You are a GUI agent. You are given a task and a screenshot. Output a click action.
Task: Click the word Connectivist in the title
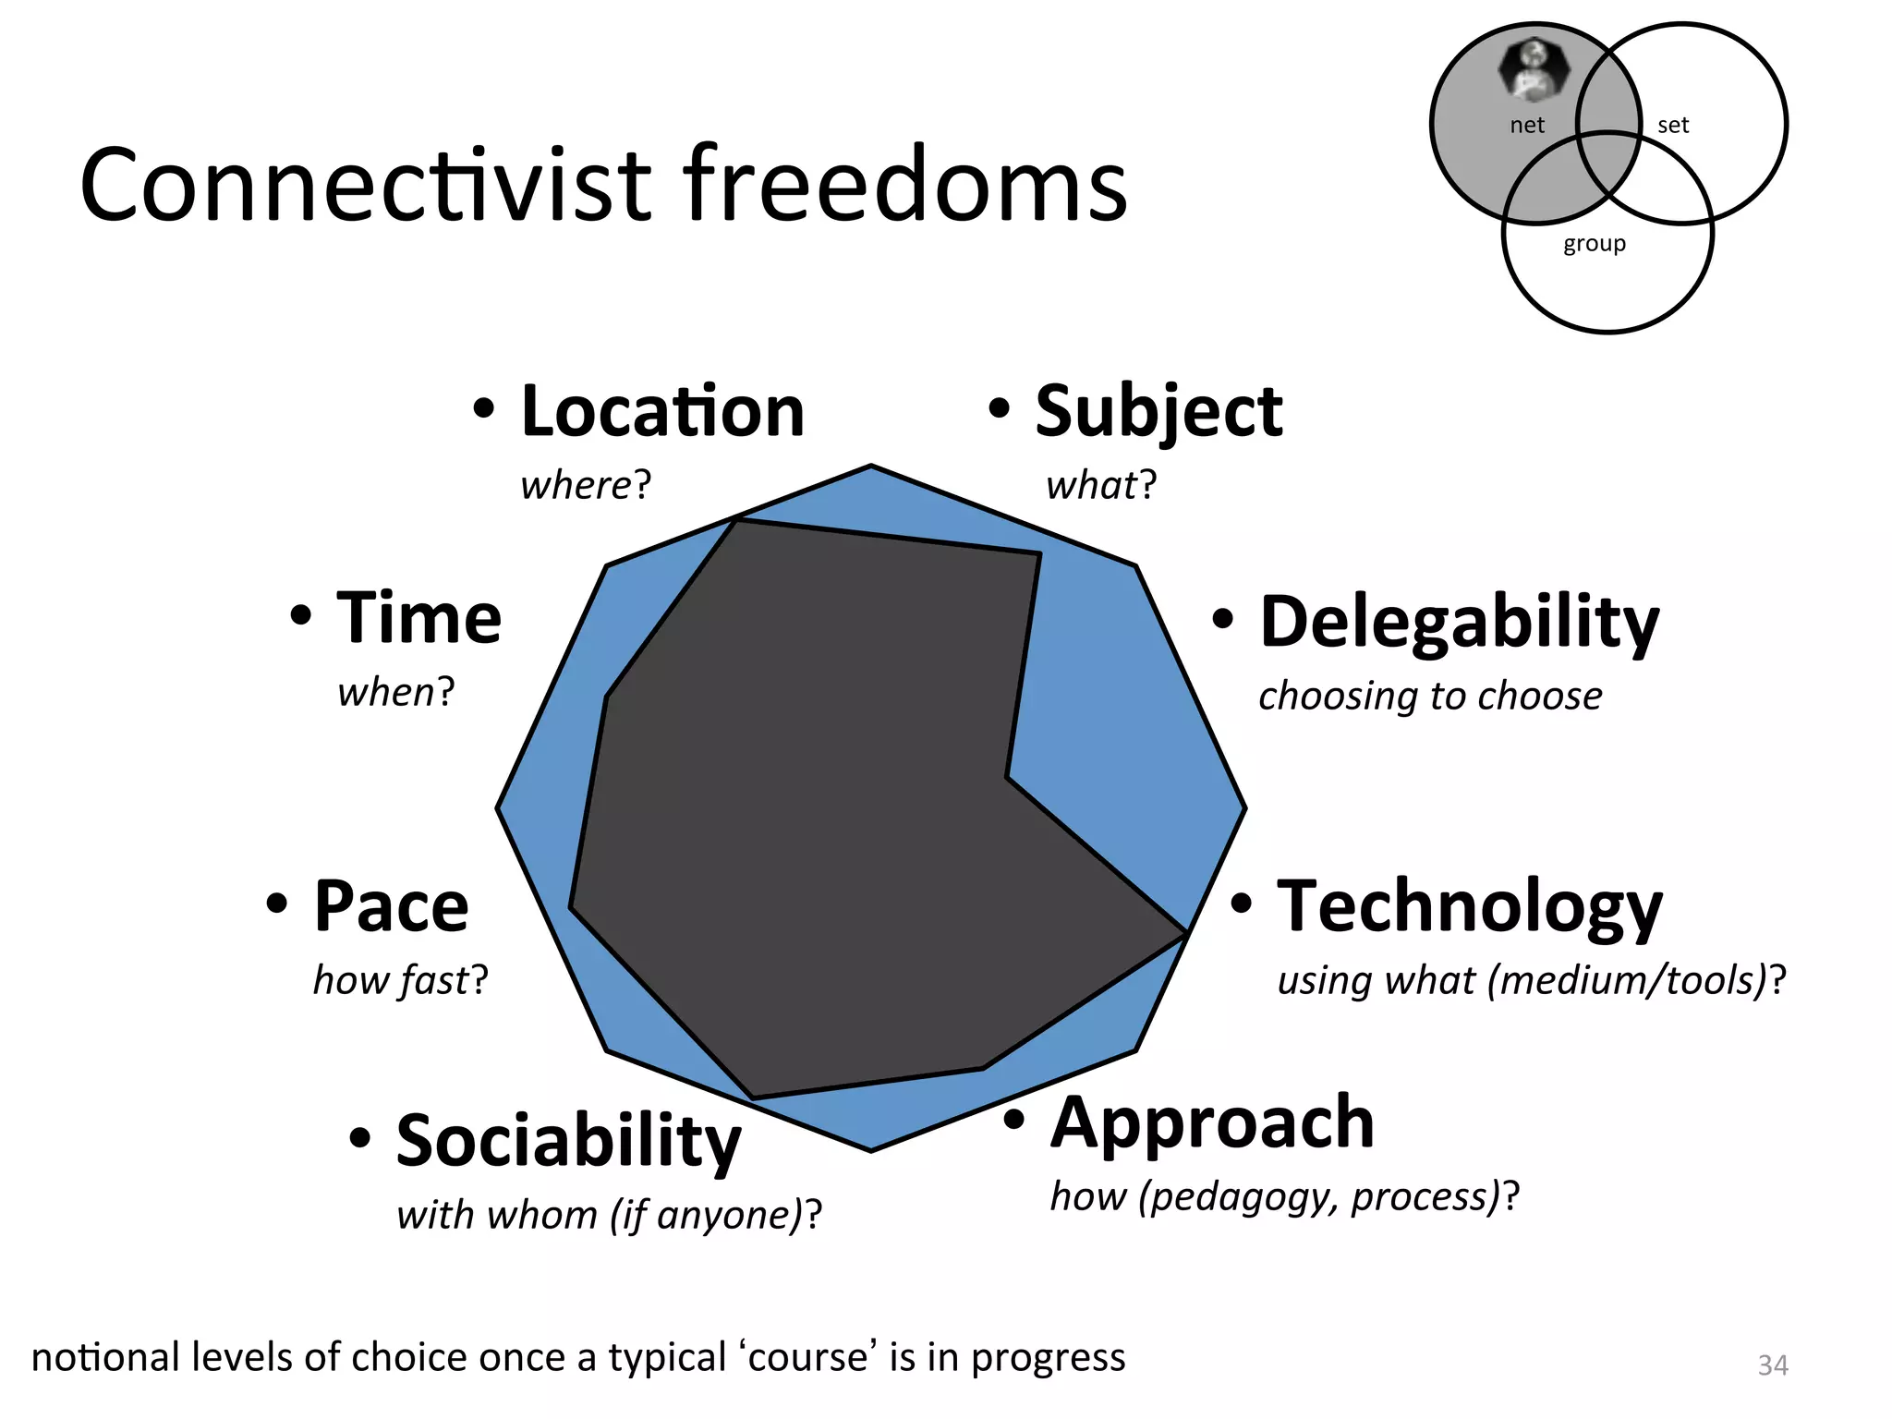point(365,185)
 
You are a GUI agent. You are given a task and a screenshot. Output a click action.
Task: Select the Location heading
point(661,411)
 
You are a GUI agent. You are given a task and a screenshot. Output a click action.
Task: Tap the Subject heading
point(1158,411)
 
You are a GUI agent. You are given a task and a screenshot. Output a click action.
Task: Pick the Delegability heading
point(1459,622)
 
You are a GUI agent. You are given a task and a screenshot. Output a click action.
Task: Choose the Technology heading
point(1469,906)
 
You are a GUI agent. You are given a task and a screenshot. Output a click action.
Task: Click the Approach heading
point(1212,1122)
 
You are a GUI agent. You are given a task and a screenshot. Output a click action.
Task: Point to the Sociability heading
point(567,1141)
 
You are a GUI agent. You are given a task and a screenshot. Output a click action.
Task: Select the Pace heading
point(391,906)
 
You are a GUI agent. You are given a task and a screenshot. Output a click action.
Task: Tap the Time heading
point(418,618)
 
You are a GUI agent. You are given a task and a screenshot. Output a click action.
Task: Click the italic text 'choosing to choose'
point(1429,696)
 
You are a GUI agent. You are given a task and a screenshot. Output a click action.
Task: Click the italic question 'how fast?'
point(399,980)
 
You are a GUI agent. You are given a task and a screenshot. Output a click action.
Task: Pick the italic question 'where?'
point(586,485)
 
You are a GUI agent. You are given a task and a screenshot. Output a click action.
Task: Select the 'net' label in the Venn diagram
point(1526,126)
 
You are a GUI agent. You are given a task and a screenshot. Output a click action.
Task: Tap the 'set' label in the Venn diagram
point(1672,126)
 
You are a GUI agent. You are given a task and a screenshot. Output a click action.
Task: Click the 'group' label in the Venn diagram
point(1594,244)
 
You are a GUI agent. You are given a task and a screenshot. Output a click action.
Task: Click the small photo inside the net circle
point(1534,69)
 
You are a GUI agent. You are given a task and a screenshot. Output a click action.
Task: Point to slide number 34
point(1772,1365)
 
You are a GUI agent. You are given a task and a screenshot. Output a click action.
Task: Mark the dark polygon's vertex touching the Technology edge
point(1186,934)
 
